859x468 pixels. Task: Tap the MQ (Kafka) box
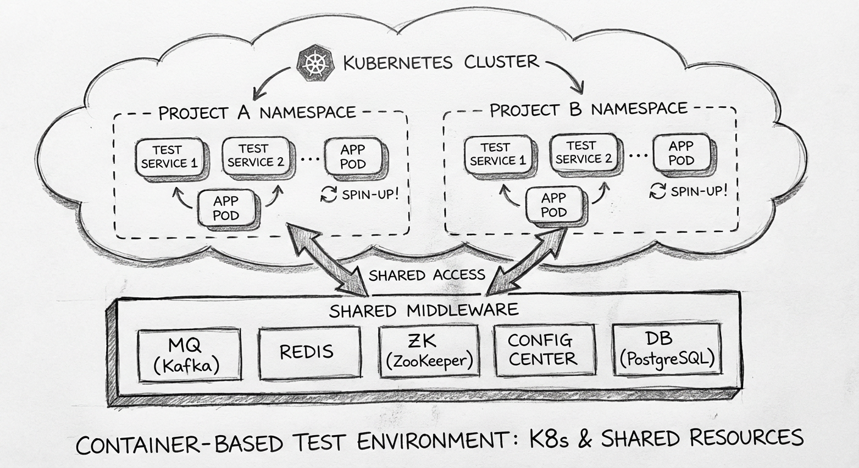tap(189, 354)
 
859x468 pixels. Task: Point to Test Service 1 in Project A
tap(170, 157)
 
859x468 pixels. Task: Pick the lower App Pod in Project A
tap(226, 208)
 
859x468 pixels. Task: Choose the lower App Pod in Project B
tap(553, 205)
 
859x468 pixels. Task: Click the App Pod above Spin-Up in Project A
tap(353, 157)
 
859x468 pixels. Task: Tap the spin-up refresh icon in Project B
tap(658, 191)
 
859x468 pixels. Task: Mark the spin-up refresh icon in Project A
tap(329, 195)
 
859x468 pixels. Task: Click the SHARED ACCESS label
tap(426, 275)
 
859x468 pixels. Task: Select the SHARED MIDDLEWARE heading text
tap(423, 310)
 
